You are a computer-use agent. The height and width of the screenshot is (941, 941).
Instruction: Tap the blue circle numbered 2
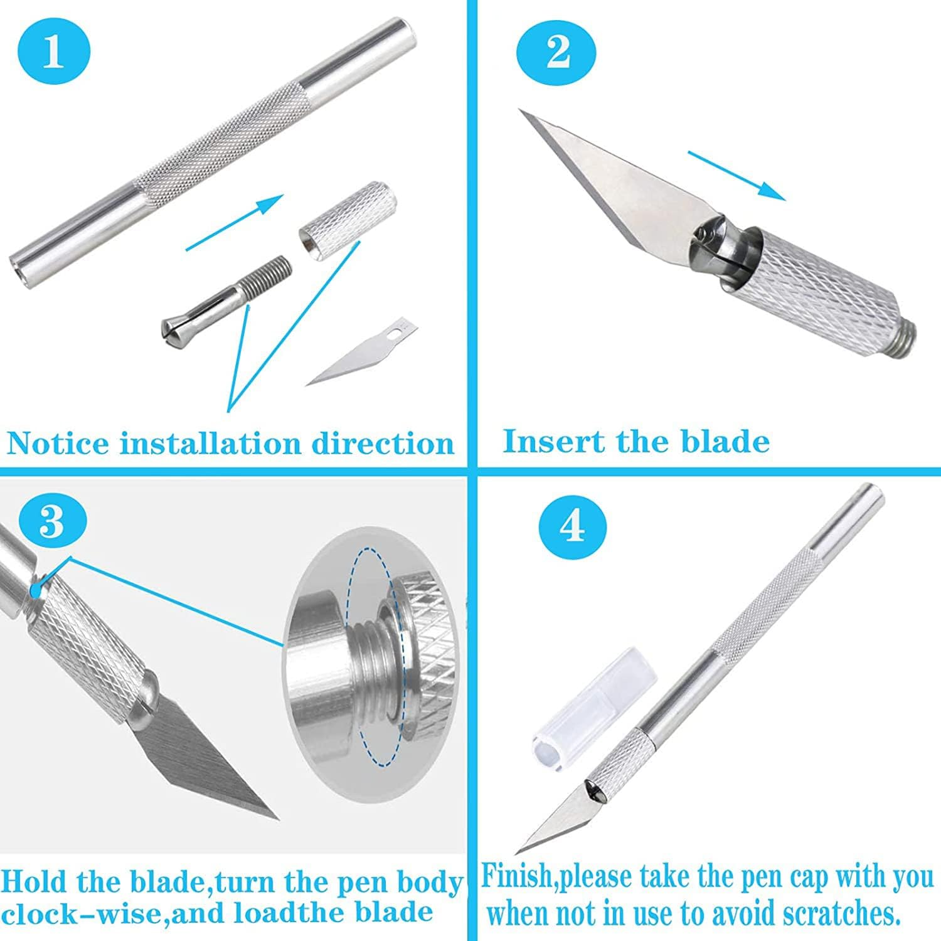[558, 52]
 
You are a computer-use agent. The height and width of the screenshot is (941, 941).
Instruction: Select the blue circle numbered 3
[52, 520]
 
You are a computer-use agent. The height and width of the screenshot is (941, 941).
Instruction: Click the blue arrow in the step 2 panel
[736, 175]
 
